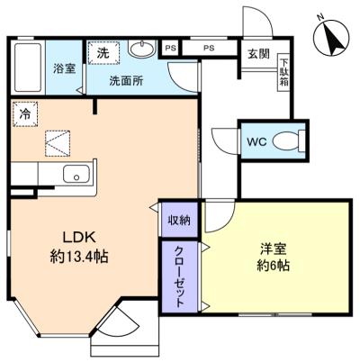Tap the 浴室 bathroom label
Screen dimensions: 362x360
[x=64, y=68]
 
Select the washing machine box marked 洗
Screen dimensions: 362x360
[x=102, y=53]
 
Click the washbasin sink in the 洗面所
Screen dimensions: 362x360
[x=142, y=48]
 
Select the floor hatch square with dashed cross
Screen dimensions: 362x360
[x=58, y=142]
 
